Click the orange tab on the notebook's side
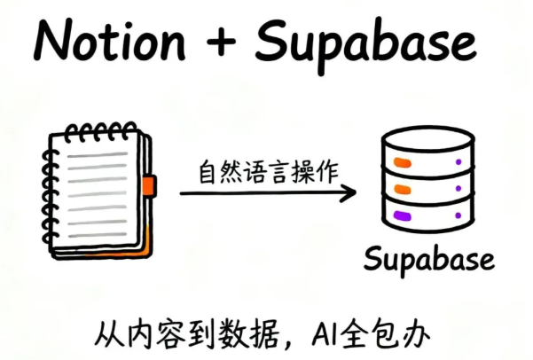point(149,186)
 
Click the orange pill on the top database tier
point(401,163)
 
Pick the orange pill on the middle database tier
point(401,189)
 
